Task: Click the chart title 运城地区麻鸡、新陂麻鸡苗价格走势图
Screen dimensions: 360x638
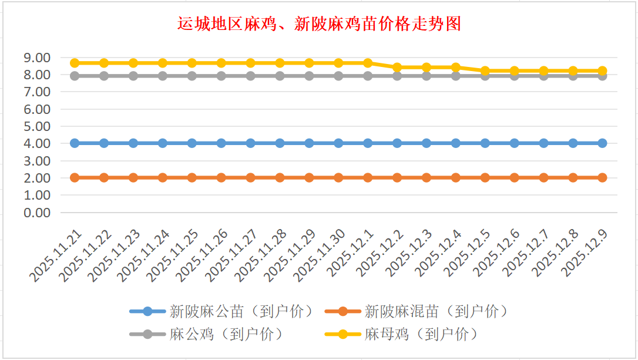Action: [319, 24]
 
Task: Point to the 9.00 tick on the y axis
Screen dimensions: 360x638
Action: [36, 58]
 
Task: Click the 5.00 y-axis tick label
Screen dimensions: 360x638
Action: [36, 126]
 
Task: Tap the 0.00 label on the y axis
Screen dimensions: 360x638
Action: [36, 212]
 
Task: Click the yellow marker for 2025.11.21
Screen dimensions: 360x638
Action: [75, 63]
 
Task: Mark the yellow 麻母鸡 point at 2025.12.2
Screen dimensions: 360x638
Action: [397, 67]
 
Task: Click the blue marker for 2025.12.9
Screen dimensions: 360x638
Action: [602, 143]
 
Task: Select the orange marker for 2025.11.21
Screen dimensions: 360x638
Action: [75, 177]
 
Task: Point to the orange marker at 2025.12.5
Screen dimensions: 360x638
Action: [485, 177]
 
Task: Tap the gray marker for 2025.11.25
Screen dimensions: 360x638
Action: [192, 76]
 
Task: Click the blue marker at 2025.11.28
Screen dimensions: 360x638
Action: [280, 143]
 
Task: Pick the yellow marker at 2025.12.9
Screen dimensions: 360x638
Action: [602, 70]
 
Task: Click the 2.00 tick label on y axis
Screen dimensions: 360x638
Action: [36, 177]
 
